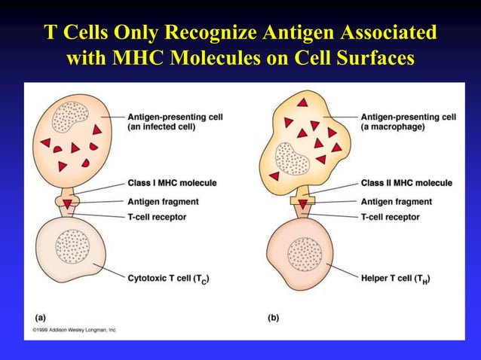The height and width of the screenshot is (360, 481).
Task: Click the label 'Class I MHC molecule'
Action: point(172,183)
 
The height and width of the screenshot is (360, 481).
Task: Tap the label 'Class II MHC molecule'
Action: point(406,183)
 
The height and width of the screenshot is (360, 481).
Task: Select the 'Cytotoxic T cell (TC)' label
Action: point(168,279)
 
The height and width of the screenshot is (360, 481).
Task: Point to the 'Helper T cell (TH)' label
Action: point(396,279)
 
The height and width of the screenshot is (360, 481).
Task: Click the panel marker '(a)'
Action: point(38,318)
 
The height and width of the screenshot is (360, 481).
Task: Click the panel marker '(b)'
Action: point(273,318)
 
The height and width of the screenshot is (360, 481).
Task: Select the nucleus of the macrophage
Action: point(291,160)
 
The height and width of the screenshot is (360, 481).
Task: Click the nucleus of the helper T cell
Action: point(305,254)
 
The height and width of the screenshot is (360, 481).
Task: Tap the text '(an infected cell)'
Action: point(161,127)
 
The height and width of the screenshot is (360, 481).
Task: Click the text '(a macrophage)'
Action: point(393,127)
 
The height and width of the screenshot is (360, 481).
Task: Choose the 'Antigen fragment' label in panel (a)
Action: point(163,202)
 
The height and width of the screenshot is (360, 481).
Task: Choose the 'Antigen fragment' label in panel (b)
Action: point(397,202)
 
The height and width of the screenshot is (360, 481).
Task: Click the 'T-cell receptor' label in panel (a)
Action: point(157,217)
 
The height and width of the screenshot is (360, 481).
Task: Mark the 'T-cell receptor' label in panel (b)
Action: point(391,217)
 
